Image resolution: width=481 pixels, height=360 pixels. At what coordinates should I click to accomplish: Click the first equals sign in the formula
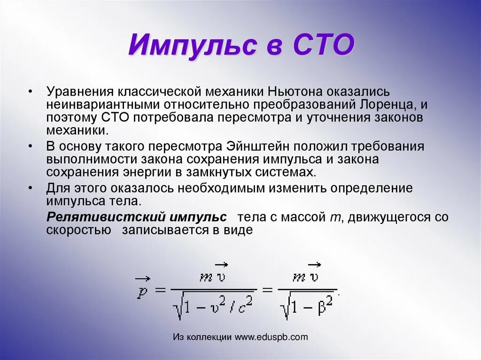(160, 290)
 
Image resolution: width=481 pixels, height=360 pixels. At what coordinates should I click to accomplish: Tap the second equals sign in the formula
(267, 290)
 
